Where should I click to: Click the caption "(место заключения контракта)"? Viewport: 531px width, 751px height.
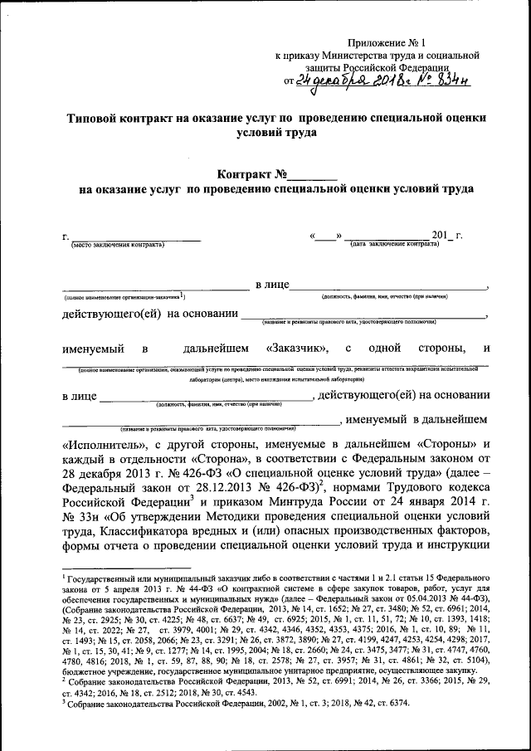(117, 245)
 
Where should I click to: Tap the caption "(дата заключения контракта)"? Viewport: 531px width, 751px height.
(394, 245)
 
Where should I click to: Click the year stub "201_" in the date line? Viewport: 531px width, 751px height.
(434, 236)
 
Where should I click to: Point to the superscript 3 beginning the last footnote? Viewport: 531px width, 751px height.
(65, 700)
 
